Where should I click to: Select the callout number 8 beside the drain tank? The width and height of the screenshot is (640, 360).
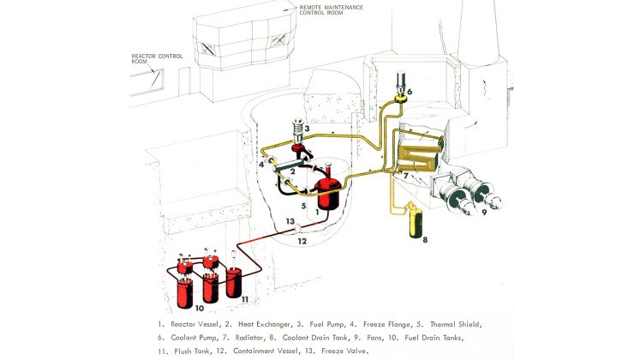click(422, 239)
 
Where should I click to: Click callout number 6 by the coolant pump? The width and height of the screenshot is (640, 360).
click(410, 91)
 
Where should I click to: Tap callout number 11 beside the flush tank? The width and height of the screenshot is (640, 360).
click(244, 298)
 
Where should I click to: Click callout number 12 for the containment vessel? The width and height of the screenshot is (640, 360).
click(302, 242)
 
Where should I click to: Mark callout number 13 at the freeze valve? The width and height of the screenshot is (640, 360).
click(290, 221)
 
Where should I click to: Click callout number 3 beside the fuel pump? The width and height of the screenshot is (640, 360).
click(317, 129)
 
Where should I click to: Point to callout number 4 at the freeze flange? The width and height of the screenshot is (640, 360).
click(260, 163)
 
